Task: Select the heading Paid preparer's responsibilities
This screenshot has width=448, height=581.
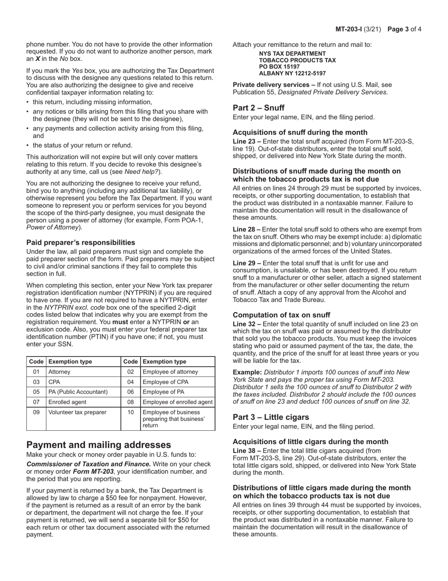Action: point(81,242)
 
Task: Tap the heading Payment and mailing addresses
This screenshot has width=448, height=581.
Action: point(99,445)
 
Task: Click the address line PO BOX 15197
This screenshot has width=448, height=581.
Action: point(279,67)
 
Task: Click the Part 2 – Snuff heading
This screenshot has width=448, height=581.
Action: point(258,108)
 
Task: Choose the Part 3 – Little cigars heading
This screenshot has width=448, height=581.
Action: point(271,417)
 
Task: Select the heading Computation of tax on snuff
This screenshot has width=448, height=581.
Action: point(281,315)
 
